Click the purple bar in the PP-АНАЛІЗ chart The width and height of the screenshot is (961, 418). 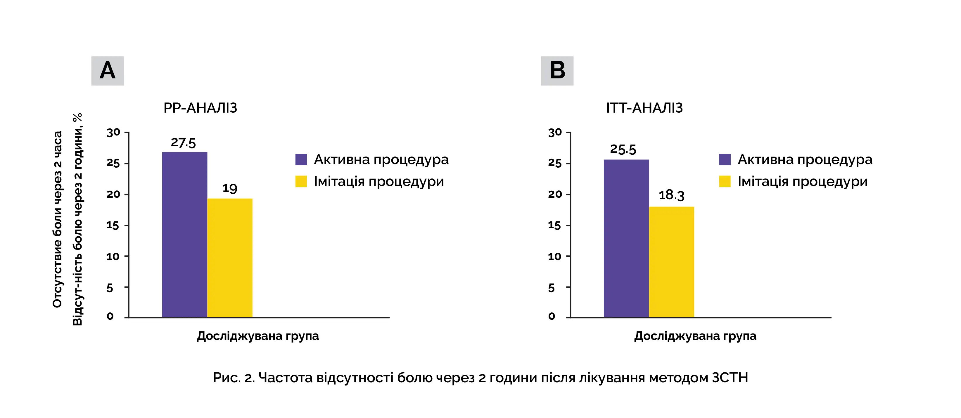[x=184, y=235]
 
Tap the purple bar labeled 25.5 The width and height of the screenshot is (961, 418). [x=626, y=239]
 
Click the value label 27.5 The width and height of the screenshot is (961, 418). [x=183, y=142]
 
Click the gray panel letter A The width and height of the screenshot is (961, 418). [x=108, y=71]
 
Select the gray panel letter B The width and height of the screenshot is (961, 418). [x=557, y=71]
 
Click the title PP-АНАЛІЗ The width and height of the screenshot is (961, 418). [x=200, y=108]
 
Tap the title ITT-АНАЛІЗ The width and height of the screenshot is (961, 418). [x=644, y=108]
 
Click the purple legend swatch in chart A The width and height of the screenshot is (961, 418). [x=301, y=160]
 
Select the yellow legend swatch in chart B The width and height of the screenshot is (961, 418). [x=725, y=181]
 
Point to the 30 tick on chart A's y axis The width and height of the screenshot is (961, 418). [x=113, y=133]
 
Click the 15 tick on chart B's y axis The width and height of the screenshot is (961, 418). [x=554, y=226]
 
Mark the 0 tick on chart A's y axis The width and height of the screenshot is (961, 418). [x=110, y=316]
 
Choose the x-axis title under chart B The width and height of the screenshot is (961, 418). [x=695, y=336]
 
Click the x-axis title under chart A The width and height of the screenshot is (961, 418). [x=258, y=336]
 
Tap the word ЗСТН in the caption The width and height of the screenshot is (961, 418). [x=730, y=378]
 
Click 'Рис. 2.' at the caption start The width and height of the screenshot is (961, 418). [x=234, y=378]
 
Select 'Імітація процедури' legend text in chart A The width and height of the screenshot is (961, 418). [x=379, y=182]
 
